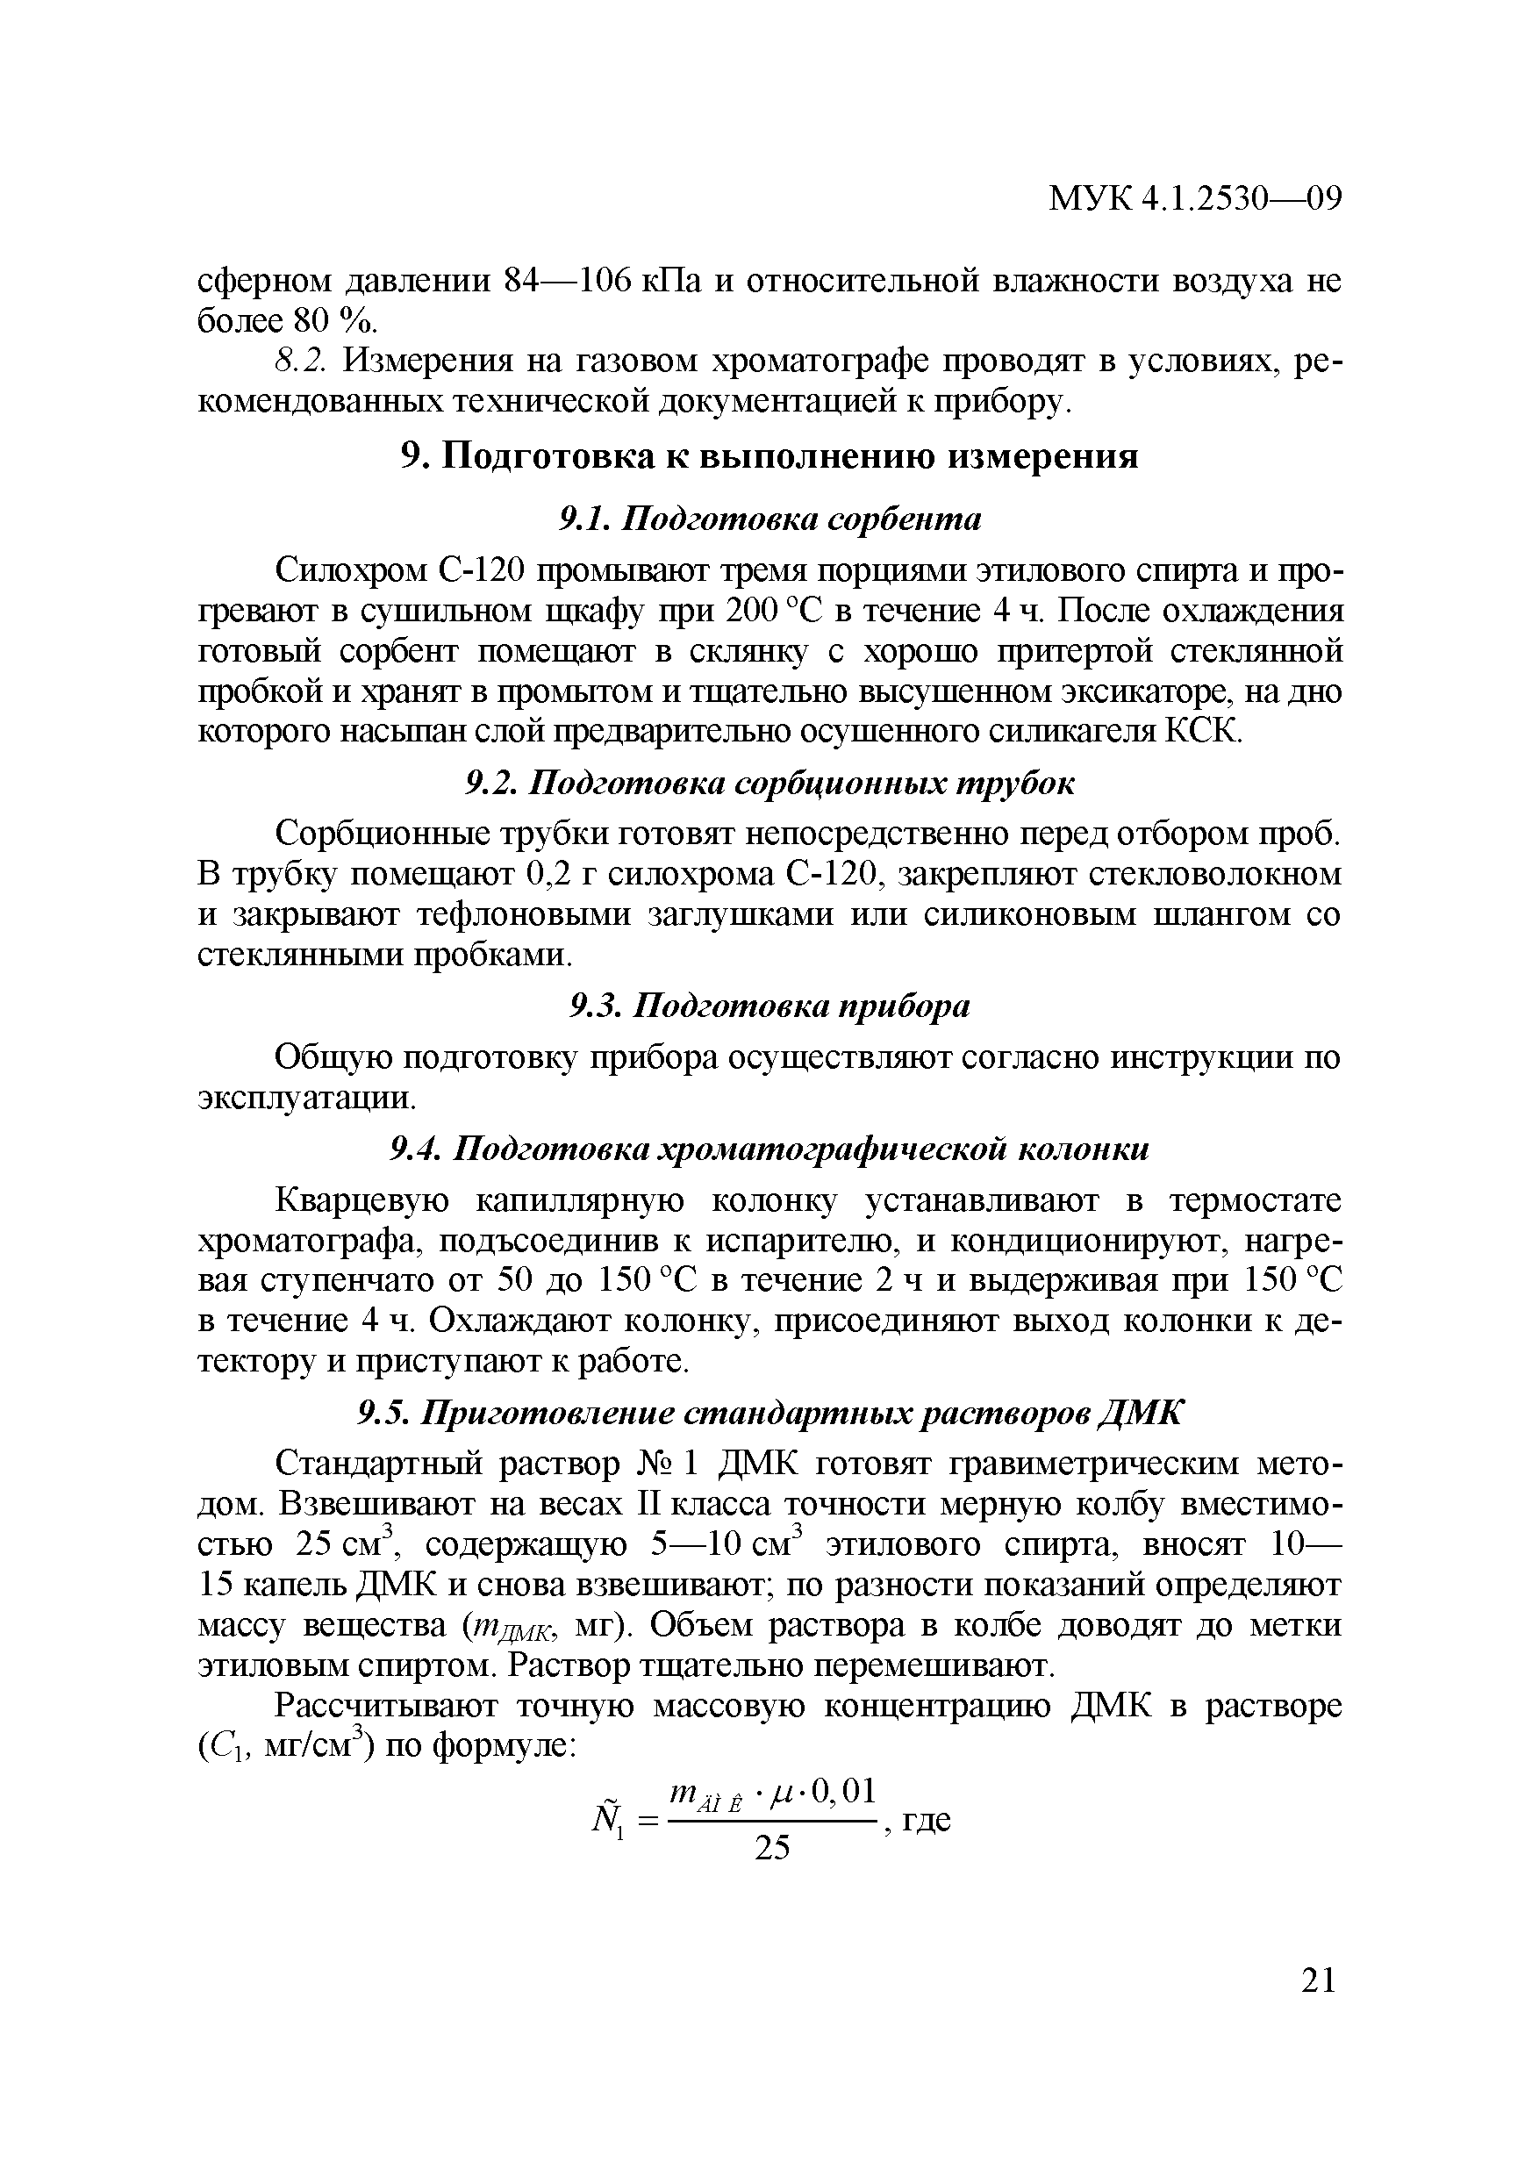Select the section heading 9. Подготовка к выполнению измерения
[x=769, y=456]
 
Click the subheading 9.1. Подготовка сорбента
[x=769, y=519]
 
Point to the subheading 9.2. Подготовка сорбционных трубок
[x=769, y=784]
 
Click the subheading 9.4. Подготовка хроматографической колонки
[x=769, y=1150]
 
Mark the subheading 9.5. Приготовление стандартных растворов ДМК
[x=769, y=1414]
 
